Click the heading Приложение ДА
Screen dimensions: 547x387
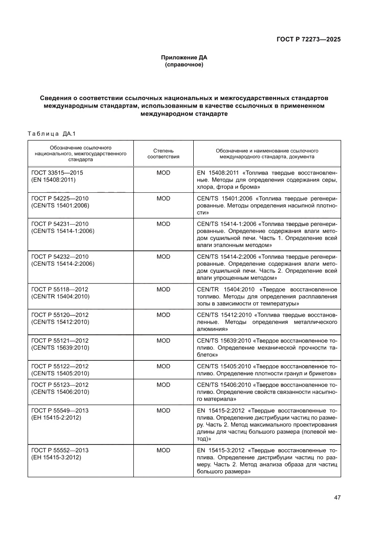[184, 58]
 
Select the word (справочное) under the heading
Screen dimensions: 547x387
[184, 65]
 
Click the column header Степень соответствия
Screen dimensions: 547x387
[163, 154]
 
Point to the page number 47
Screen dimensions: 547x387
[337, 497]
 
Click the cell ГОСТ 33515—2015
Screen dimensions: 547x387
[60, 173]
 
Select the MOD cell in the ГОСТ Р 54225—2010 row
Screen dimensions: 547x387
[163, 198]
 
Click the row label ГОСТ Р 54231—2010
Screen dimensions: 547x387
[60, 224]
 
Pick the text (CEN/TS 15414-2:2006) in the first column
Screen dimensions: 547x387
[63, 263]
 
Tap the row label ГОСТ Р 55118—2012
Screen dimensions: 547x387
[60, 290]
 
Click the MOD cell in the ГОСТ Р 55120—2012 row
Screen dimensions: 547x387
[163, 315]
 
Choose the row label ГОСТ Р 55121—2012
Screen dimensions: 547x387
[60, 341]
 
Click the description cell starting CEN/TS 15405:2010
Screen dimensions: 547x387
[267, 370]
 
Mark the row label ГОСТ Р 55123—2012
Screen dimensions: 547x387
[60, 385]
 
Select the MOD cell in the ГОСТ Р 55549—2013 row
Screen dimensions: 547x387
[163, 410]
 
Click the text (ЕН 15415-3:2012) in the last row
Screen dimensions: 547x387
[56, 457]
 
